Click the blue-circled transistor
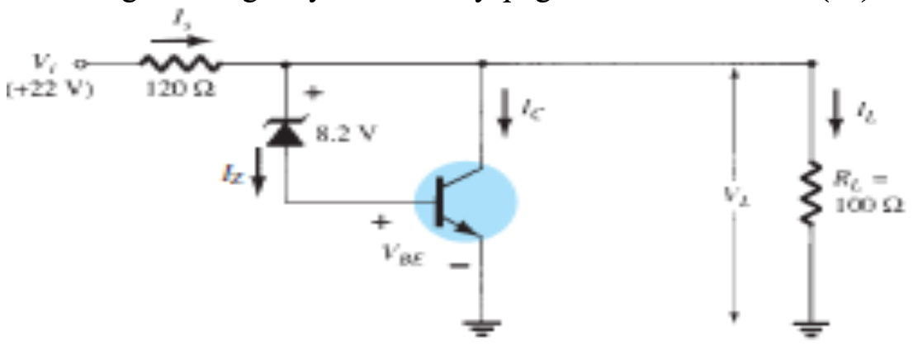click(465, 203)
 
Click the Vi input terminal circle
click(80, 62)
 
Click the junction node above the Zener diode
click(286, 62)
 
